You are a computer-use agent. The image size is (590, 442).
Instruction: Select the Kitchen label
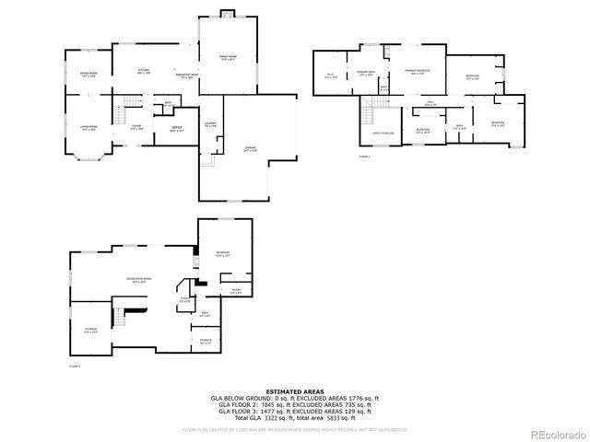[x=144, y=71]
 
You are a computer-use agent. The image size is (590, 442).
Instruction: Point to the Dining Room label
[x=88, y=75]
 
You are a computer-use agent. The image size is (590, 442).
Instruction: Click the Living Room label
[x=88, y=127]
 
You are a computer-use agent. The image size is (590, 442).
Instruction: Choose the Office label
[x=176, y=128]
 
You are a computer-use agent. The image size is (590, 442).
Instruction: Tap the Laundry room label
[x=210, y=123]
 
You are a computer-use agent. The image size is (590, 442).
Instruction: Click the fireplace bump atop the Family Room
[x=228, y=14]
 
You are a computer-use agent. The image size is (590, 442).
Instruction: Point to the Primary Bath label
[x=365, y=75]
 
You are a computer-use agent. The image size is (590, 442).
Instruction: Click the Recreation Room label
[x=139, y=279]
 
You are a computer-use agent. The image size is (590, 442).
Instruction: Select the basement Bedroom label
[x=222, y=253]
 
